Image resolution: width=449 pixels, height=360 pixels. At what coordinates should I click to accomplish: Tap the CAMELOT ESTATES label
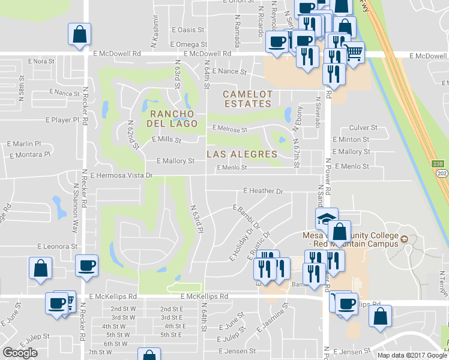(x=247, y=99)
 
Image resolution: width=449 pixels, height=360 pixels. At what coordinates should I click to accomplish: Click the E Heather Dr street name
(x=262, y=191)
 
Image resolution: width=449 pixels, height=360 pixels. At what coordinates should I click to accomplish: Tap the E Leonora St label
(x=58, y=246)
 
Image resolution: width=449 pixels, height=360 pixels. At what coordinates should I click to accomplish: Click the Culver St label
(x=363, y=128)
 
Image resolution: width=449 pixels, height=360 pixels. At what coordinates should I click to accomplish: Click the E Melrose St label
(x=229, y=130)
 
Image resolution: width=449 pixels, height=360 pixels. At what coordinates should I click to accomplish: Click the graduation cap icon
(x=327, y=217)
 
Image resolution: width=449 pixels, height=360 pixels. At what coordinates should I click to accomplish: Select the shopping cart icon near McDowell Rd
(x=354, y=52)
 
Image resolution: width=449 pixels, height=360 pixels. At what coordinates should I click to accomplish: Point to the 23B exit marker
(x=438, y=163)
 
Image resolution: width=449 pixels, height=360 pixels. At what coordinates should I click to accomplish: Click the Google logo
(x=20, y=353)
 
